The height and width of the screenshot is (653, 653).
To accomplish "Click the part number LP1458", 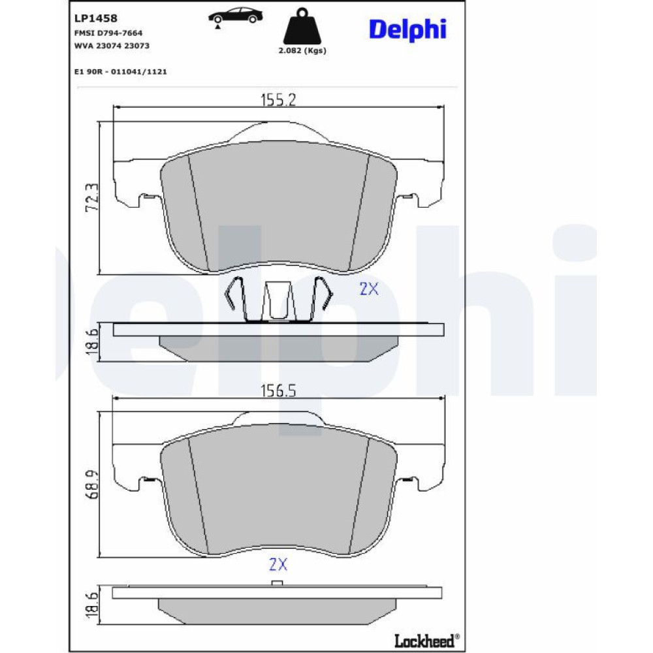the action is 96,18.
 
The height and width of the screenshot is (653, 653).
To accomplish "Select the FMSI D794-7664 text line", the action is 108,33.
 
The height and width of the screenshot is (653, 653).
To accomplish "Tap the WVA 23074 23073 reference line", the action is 112,46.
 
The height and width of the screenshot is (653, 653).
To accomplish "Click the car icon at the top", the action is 235,18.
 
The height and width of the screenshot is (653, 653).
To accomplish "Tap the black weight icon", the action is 302,26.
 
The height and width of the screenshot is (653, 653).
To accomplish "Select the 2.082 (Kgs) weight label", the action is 302,51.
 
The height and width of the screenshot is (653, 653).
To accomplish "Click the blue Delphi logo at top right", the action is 407,29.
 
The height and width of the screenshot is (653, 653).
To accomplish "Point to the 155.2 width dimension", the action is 278,100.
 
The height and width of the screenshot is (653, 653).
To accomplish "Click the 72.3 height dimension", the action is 92,198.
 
